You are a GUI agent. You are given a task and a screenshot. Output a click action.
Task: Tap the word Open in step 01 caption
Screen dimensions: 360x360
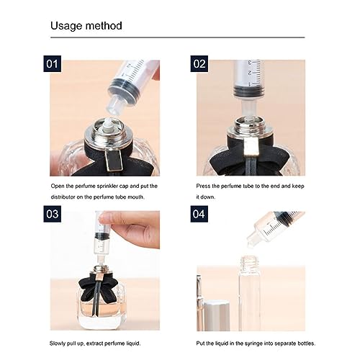(59, 186)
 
